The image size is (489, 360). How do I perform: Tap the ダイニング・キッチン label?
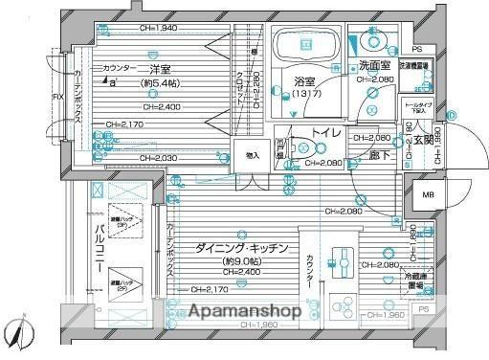(242, 247)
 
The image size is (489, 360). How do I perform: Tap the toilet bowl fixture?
(303, 148)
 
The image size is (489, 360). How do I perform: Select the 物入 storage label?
(252, 155)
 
